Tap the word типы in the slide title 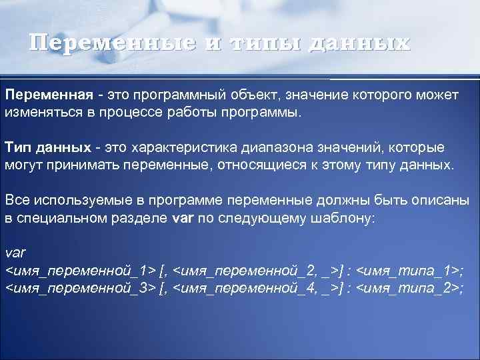(x=251, y=43)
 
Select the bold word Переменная (x=49, y=95)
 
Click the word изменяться (x=41, y=111)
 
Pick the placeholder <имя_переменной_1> (x=80, y=271)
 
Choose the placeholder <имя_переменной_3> (x=80, y=287)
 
